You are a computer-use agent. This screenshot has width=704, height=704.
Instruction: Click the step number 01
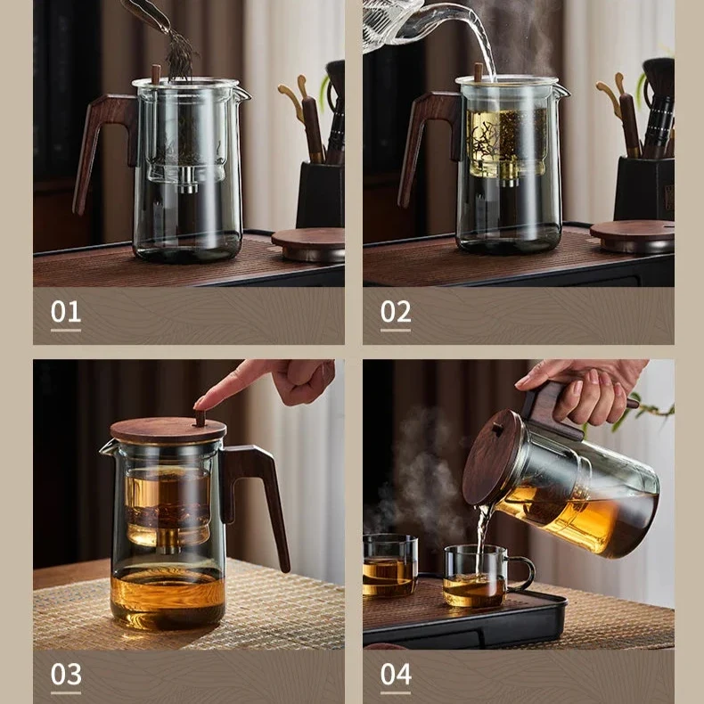pyautogui.click(x=66, y=312)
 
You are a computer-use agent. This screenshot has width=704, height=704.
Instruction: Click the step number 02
pyautogui.click(x=396, y=312)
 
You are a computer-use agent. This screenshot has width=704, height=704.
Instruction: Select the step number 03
pyautogui.click(x=66, y=674)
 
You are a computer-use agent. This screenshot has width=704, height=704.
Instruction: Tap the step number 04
pyautogui.click(x=396, y=674)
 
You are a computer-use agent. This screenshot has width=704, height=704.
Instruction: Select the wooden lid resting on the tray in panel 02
pyautogui.click(x=632, y=236)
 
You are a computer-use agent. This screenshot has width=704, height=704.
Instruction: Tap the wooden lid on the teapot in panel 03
pyautogui.click(x=168, y=430)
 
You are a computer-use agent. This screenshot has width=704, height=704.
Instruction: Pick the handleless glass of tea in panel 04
pyautogui.click(x=389, y=566)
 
